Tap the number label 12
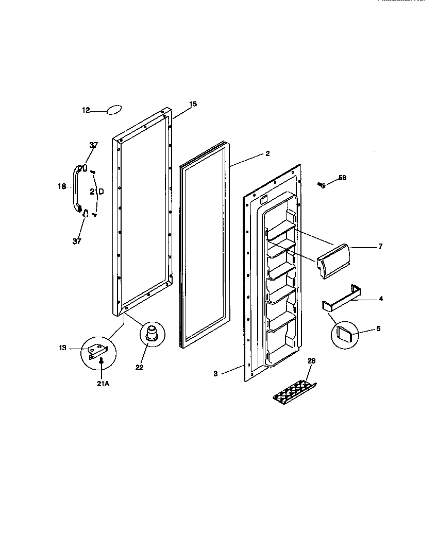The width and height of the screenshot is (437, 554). click(x=86, y=110)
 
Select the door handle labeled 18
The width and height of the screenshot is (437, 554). click(x=76, y=188)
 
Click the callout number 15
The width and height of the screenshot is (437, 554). click(x=193, y=104)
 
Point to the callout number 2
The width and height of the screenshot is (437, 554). click(x=267, y=153)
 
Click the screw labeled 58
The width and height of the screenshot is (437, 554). click(x=322, y=184)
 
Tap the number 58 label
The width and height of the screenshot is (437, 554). click(x=343, y=178)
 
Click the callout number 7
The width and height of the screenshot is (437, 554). click(x=380, y=247)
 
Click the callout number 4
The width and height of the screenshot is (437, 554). click(x=380, y=299)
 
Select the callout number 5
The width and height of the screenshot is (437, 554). click(x=378, y=328)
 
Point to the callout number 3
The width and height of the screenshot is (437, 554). click(x=215, y=374)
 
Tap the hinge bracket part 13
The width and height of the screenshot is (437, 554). click(x=98, y=351)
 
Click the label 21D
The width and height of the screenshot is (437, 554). click(x=96, y=192)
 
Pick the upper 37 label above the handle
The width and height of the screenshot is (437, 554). click(x=93, y=145)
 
